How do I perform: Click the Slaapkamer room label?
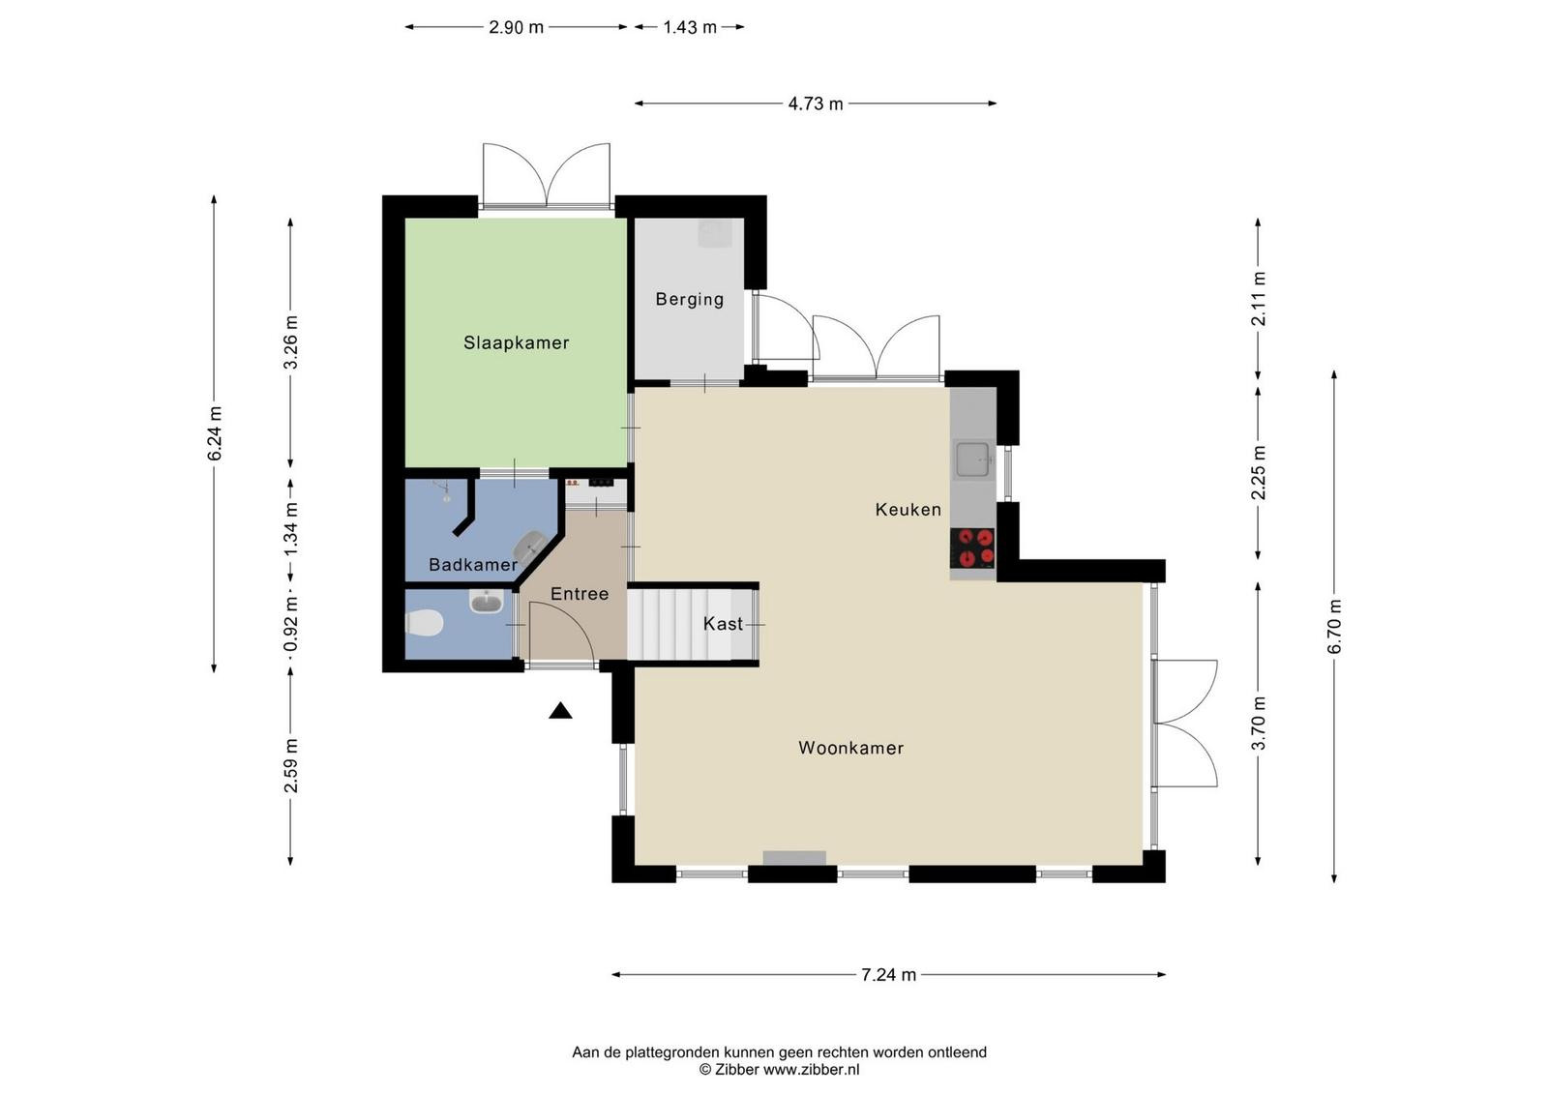tap(517, 342)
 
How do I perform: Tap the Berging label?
tap(690, 299)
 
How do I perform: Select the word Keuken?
tap(908, 510)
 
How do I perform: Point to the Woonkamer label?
tap(850, 748)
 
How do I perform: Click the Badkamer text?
tap(473, 565)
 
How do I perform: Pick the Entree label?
tap(580, 594)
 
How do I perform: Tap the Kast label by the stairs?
tap(723, 624)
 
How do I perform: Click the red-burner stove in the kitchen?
tap(972, 547)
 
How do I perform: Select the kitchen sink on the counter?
tap(973, 460)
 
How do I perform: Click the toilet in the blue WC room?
tap(423, 623)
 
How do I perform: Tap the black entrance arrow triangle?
tap(560, 711)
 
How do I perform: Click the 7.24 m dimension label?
tap(888, 975)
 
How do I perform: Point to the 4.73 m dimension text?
tap(816, 104)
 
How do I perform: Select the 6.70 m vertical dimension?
tap(1334, 627)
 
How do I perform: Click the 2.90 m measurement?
tap(517, 28)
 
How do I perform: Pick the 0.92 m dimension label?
tap(291, 625)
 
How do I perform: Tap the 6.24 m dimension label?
tap(215, 434)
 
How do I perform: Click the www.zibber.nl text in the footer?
tap(811, 1070)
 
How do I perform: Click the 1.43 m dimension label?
tap(690, 28)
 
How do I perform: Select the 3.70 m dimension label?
tap(1259, 724)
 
